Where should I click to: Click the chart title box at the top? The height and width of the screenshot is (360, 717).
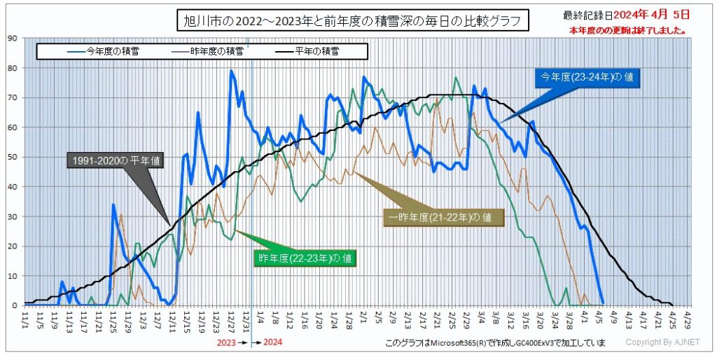(351, 21)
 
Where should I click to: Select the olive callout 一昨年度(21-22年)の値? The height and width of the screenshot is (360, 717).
(445, 216)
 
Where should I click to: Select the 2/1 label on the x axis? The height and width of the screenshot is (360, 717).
(364, 319)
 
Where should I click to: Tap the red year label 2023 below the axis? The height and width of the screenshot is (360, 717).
(226, 343)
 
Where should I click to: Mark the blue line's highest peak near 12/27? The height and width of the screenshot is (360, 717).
(232, 71)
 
